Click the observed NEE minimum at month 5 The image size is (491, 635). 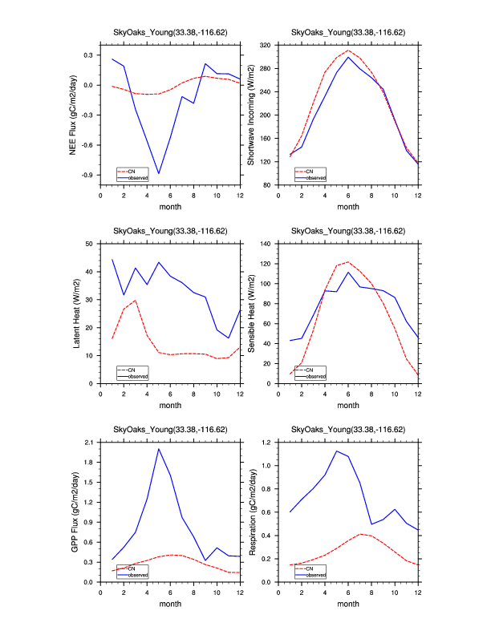[x=159, y=173]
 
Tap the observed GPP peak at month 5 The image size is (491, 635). [x=159, y=449]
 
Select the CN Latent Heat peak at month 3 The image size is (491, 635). [x=136, y=301]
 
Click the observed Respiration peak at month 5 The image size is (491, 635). [x=336, y=451]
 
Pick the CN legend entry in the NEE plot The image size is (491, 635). [x=131, y=171]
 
